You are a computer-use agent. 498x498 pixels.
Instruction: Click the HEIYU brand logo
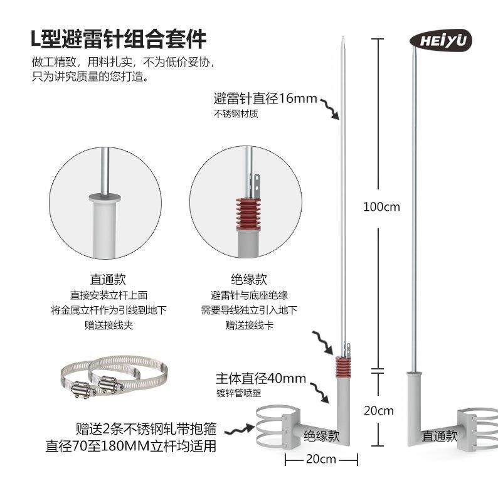[440, 40]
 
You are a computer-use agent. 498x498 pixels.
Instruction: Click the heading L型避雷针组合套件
[119, 40]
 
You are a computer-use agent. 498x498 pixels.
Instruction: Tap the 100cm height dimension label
[381, 207]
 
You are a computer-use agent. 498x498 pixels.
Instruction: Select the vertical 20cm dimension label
[379, 411]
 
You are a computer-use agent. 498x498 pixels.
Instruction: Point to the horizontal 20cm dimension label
[319, 459]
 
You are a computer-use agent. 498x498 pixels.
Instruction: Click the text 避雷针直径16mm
[265, 99]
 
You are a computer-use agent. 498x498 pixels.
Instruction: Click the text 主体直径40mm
[260, 379]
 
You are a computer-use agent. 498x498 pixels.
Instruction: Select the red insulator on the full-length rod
[342, 364]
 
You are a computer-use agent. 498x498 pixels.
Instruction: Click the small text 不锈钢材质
[236, 114]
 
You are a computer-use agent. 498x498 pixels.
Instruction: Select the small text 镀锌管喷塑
[237, 393]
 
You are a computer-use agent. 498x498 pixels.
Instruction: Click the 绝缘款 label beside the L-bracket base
[322, 434]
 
